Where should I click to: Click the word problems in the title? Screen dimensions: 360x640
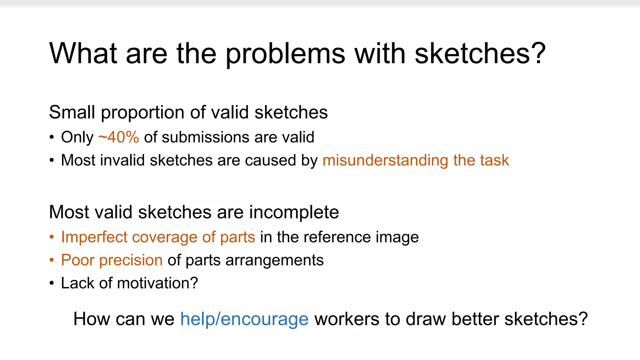[285, 54]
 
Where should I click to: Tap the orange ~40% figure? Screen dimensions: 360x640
[119, 137]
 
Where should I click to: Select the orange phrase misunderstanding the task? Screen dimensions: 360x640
[416, 160]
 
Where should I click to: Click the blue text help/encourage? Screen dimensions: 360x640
[244, 319]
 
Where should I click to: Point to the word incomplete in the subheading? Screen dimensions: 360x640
[294, 212]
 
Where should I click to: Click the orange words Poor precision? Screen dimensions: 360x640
[112, 260]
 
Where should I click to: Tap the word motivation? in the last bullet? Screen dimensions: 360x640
[157, 283]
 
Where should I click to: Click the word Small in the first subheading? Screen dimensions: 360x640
[72, 112]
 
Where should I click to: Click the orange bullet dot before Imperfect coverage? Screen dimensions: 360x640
[52, 237]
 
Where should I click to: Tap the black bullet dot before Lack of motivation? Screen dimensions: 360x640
[52, 283]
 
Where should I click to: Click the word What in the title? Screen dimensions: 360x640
[83, 54]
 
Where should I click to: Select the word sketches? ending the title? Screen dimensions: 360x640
[480, 54]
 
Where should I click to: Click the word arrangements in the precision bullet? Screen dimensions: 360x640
[274, 260]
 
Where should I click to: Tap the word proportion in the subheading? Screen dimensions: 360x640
[142, 112]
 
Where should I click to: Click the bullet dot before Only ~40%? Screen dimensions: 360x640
[52, 137]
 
